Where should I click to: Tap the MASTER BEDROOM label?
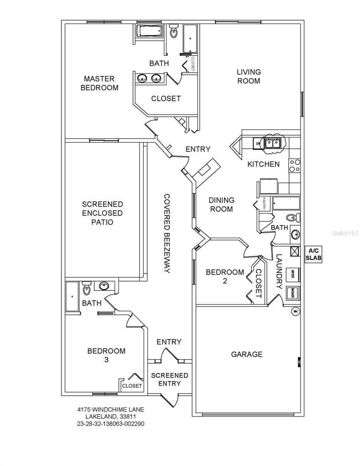[x=99, y=83]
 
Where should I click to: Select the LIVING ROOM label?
[x=249, y=77]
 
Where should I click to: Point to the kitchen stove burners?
[x=294, y=166]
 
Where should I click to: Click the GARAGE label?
[x=247, y=354]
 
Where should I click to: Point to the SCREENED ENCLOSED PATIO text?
[x=103, y=213]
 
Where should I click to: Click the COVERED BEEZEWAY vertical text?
[x=166, y=234]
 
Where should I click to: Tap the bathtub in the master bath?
[x=150, y=31]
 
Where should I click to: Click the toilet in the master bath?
[x=173, y=31]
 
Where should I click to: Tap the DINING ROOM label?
[x=222, y=205]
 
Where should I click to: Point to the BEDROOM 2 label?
[x=225, y=276]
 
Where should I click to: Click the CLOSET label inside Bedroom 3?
[x=132, y=386]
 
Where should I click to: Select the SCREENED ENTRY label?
[x=169, y=379]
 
